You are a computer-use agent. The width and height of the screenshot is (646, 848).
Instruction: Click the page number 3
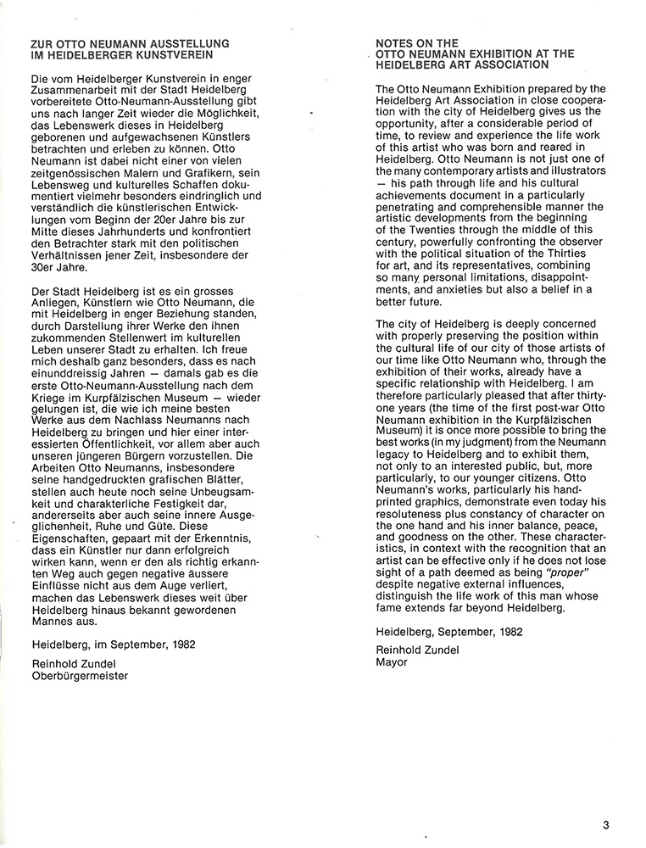pyautogui.click(x=606, y=823)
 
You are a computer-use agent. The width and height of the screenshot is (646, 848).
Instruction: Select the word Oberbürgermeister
pyautogui.click(x=79, y=676)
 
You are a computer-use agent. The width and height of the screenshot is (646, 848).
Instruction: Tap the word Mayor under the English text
pyautogui.click(x=391, y=662)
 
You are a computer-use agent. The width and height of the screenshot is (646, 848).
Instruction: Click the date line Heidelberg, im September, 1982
pyautogui.click(x=113, y=644)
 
